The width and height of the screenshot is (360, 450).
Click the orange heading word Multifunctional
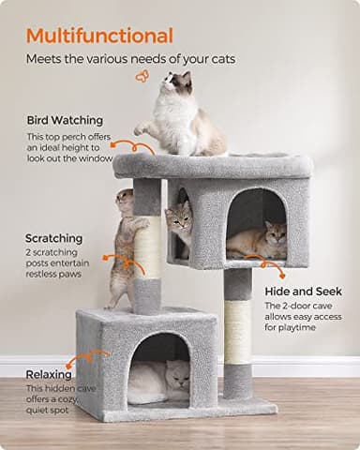pyautogui.click(x=99, y=36)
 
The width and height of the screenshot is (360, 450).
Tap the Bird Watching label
pyautogui.click(x=65, y=120)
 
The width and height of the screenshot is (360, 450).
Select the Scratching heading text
pyautogui.click(x=53, y=238)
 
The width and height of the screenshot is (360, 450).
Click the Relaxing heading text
pyautogui.click(x=49, y=373)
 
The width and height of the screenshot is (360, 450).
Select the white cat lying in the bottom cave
pyautogui.click(x=157, y=382)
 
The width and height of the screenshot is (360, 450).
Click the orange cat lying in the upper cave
pyautogui.click(x=258, y=242)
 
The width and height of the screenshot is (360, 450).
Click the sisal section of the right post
pyautogui.click(x=238, y=331)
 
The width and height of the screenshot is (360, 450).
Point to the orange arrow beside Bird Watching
pyautogui.click(x=142, y=146)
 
